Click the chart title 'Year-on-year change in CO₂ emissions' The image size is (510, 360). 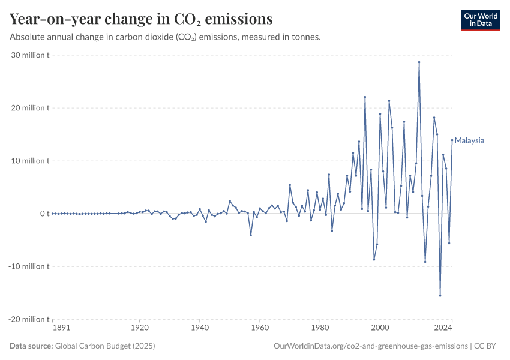[x=141, y=19]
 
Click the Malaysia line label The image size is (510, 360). [x=469, y=141]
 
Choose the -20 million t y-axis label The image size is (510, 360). [x=29, y=319]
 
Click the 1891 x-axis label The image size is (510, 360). [x=61, y=328]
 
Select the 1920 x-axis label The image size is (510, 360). [x=140, y=328]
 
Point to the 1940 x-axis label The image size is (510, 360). [x=200, y=328]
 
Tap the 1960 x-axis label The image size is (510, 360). [x=260, y=328]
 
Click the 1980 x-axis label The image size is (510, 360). [x=320, y=328]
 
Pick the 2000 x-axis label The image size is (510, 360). [x=380, y=328]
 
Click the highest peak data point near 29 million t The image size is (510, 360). [x=419, y=62]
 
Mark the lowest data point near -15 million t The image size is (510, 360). [x=440, y=295]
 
